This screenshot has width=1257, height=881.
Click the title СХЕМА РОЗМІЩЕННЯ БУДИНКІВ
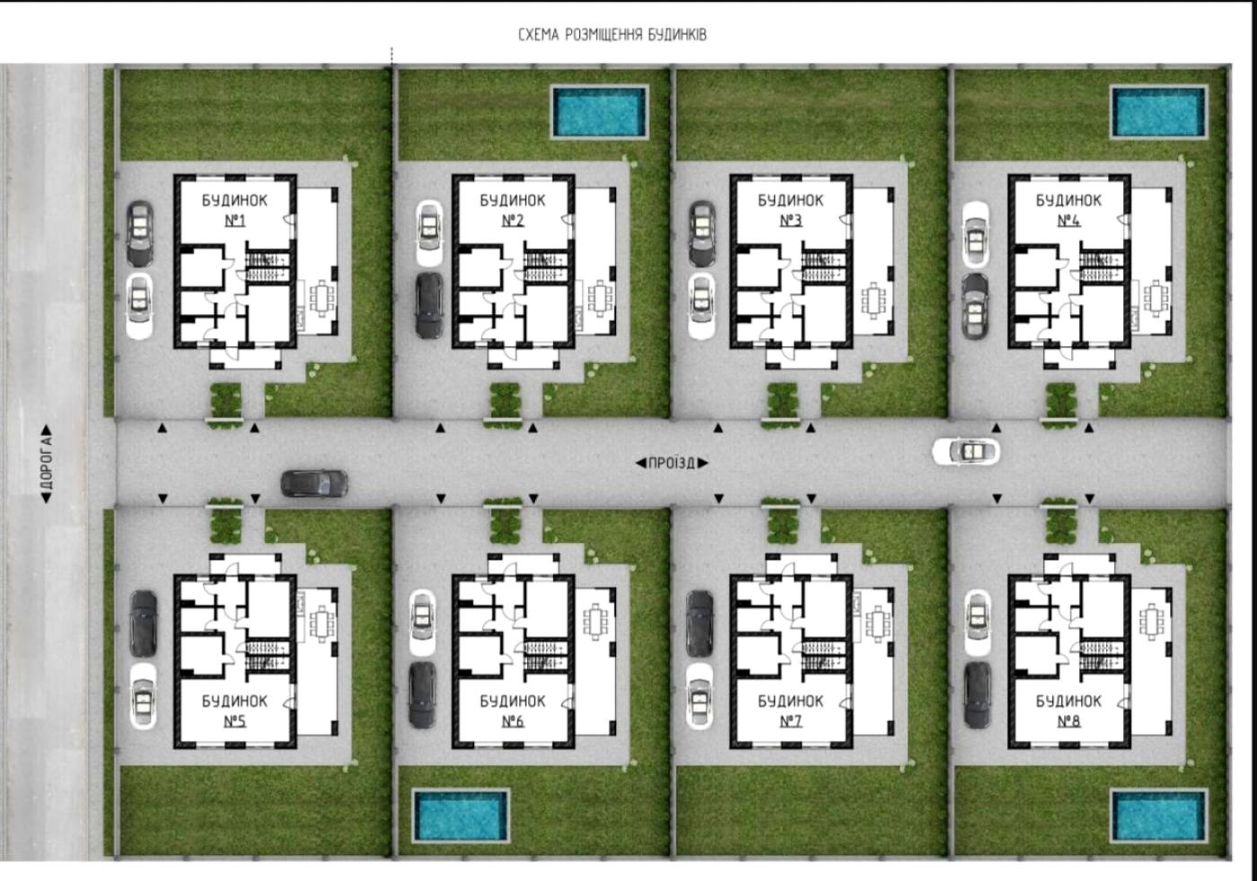(x=612, y=35)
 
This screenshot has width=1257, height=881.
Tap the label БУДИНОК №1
(x=234, y=210)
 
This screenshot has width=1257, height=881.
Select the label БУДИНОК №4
(x=1068, y=210)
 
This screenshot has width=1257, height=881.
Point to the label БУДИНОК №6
(x=513, y=711)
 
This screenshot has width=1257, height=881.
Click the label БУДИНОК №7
(x=790, y=711)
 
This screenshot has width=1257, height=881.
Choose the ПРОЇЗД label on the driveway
(x=672, y=463)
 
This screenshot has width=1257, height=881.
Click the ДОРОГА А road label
(x=47, y=465)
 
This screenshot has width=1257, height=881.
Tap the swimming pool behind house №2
(x=600, y=111)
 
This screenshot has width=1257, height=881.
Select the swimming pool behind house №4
(x=1159, y=111)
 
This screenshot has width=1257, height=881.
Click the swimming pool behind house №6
(x=461, y=816)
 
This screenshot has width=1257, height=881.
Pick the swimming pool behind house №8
(x=1159, y=816)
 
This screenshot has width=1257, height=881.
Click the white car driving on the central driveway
(x=966, y=451)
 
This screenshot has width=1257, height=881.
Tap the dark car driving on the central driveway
(x=314, y=484)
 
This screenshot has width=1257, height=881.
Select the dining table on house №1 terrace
(x=321, y=299)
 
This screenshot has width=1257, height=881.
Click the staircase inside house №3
(x=824, y=267)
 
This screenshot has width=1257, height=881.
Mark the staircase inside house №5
(x=268, y=655)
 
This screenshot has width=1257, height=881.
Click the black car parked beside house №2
(x=429, y=306)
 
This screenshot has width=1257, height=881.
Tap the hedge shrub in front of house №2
(x=505, y=401)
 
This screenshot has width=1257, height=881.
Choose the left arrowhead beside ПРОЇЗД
(x=641, y=463)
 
